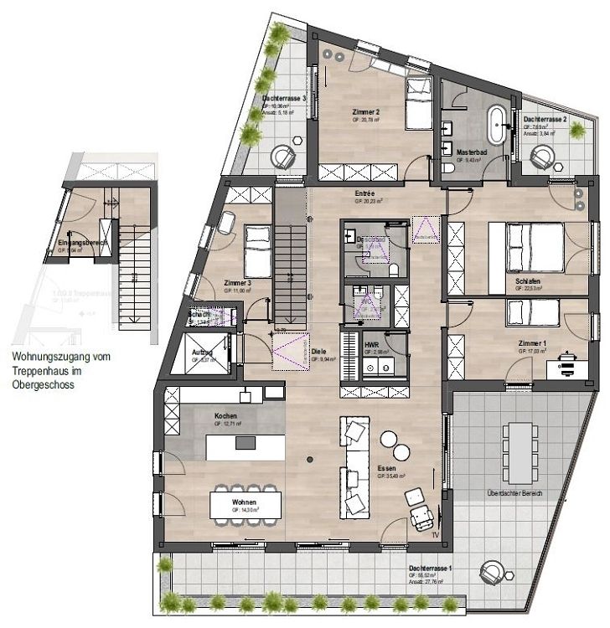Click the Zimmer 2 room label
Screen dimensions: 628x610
tap(366, 111)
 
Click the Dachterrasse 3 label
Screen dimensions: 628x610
tap(283, 99)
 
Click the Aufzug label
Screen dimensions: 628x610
tap(202, 353)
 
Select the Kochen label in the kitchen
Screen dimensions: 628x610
tap(226, 416)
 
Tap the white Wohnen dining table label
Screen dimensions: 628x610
tap(244, 502)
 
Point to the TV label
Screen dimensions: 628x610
tap(435, 533)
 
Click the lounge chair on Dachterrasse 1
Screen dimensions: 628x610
tap(492, 573)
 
